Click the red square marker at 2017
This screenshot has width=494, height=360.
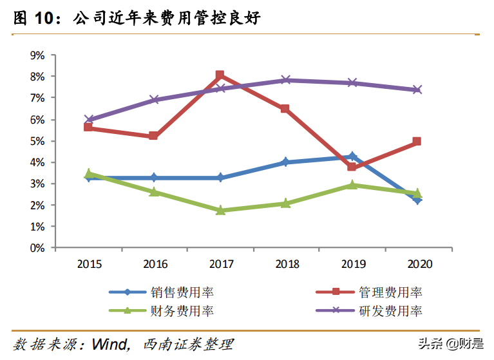point(220,75)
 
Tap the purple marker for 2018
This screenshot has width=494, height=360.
point(286,80)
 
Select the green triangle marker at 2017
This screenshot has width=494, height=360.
point(220,210)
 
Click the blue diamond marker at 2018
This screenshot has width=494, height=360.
point(286,162)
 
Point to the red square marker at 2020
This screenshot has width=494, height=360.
point(417,141)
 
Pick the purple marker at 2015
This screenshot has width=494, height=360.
point(88,120)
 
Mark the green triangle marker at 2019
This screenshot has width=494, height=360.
point(352,185)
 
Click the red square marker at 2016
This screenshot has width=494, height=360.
point(154,136)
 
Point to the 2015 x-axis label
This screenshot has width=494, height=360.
point(88,264)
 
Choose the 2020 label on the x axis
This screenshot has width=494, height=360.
point(417,264)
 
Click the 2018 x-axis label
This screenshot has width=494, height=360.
point(286,264)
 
